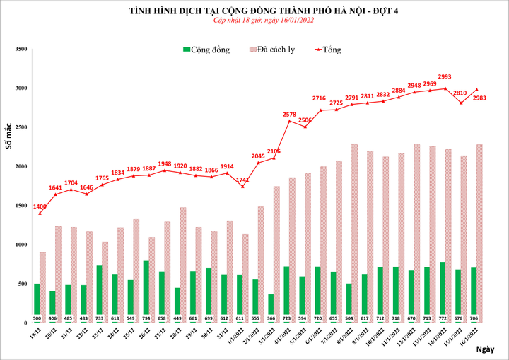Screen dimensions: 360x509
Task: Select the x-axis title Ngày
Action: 484,349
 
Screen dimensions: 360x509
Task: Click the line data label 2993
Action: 445,76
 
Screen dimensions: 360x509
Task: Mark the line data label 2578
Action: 290,114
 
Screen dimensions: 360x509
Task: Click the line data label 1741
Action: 242,180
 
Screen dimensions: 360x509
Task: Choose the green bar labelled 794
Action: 146,287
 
